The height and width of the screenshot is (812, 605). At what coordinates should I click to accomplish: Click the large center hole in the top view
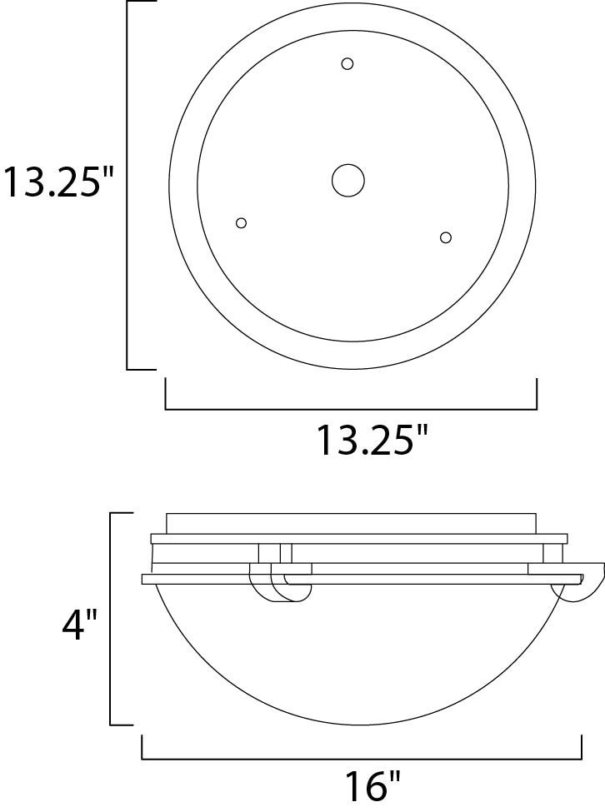(x=347, y=179)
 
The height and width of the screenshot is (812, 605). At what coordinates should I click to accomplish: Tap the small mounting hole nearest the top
(x=347, y=63)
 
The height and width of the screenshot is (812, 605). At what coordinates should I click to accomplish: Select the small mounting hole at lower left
(x=242, y=222)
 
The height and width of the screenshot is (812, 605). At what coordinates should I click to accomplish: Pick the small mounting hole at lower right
(x=446, y=237)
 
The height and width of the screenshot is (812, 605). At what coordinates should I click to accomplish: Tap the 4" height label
(x=80, y=624)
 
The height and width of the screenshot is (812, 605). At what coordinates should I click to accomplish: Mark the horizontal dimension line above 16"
(x=362, y=759)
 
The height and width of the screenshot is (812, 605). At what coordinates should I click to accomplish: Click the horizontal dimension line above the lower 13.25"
(x=350, y=409)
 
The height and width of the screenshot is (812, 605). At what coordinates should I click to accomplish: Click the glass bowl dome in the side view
(x=362, y=658)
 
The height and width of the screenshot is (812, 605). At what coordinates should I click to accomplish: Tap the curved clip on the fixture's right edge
(x=583, y=586)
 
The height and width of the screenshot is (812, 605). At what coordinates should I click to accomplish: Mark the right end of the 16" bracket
(x=581, y=747)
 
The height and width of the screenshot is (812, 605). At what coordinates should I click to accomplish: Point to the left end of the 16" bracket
(x=142, y=747)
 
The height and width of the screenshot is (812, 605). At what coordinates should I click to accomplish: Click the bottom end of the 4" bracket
(x=122, y=724)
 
